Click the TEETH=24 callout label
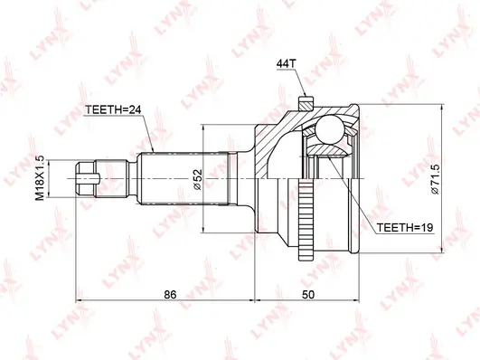point(113,109)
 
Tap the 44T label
point(287,63)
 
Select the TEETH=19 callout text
point(405,228)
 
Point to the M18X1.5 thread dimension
point(40,178)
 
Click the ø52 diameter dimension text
point(198,180)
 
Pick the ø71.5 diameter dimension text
point(435,179)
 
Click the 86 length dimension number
point(170,295)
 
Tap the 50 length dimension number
point(308,295)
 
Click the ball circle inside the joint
point(329,129)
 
